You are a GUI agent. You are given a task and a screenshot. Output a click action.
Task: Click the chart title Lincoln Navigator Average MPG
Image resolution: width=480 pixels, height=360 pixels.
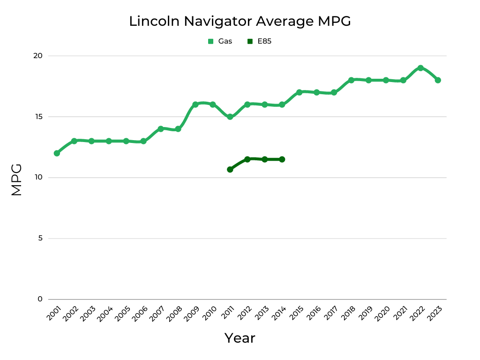point(240,21)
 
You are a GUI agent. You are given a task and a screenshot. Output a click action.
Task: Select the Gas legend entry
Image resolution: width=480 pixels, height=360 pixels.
point(220,41)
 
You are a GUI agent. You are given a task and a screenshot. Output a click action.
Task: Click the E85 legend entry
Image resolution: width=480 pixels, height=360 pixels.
point(259,41)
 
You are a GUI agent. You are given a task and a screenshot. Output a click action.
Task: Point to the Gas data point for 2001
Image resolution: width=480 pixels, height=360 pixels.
point(57,153)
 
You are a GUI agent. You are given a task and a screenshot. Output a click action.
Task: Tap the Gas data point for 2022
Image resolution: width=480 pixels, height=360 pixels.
point(420,68)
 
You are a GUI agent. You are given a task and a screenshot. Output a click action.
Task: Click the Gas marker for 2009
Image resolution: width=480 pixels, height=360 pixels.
point(195,105)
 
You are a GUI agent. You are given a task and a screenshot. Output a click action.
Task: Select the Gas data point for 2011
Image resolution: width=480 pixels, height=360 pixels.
point(230,117)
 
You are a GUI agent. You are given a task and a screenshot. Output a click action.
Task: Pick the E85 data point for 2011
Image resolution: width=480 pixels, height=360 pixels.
point(230,169)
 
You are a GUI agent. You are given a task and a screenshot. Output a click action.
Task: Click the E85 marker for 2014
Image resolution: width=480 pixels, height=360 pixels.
point(282,159)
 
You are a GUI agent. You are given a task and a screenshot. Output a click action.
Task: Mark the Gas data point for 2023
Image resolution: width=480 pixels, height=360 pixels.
point(438,80)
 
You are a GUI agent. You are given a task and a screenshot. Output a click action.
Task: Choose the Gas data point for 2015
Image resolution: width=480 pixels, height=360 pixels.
point(299,92)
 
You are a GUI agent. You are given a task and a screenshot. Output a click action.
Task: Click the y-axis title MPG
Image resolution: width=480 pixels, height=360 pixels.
point(16,180)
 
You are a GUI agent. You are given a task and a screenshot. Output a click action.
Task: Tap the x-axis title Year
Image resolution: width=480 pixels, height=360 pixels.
point(240,338)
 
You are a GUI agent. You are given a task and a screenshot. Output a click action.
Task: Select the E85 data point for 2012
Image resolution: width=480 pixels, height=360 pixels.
point(247,159)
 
